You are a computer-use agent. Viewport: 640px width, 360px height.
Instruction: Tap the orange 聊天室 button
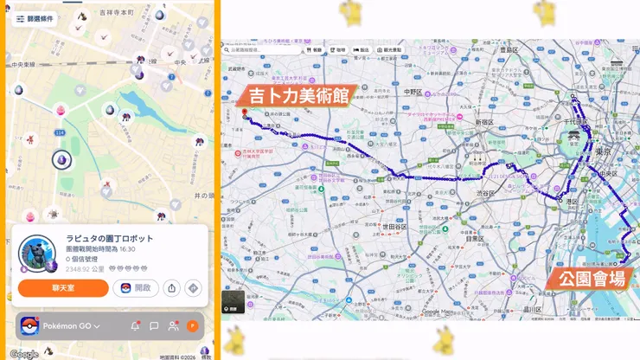click(63, 288)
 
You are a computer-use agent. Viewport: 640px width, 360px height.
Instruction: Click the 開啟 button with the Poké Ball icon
click(136, 288)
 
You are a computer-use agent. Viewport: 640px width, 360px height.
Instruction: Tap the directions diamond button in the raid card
click(193, 288)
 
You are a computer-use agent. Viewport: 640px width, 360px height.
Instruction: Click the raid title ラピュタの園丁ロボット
click(110, 238)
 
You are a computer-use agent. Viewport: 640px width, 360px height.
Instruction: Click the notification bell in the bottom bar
click(135, 326)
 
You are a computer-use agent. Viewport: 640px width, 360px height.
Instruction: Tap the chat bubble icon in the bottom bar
click(154, 326)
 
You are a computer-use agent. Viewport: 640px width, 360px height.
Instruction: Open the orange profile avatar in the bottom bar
click(192, 326)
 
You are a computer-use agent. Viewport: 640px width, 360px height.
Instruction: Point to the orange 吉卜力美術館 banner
click(299, 95)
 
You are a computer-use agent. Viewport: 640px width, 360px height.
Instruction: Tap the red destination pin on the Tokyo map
click(244, 112)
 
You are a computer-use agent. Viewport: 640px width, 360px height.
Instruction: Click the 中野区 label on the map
click(412, 92)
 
